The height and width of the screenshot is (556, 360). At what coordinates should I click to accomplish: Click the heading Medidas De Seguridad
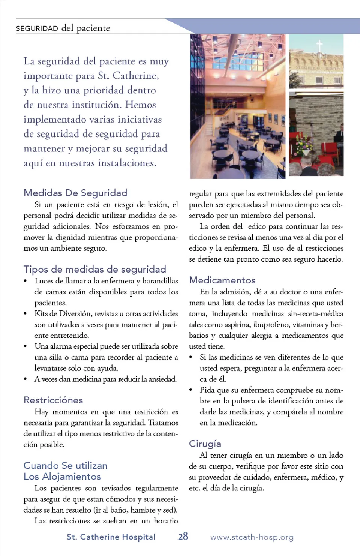[75, 193]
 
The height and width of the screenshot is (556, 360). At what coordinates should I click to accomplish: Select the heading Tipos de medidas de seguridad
[94, 269]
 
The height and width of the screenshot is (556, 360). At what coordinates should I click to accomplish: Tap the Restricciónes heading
[53, 400]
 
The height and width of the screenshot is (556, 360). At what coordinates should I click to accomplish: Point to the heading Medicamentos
[222, 280]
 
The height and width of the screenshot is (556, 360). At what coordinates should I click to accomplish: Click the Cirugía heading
[205, 444]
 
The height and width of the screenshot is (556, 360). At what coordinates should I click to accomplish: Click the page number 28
[183, 537]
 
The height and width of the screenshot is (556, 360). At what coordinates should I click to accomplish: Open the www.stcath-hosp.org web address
[252, 537]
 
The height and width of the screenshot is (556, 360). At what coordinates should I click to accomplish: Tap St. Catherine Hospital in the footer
[111, 537]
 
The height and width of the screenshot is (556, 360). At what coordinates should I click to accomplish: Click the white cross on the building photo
[319, 46]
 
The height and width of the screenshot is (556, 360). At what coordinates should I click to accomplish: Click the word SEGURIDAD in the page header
[37, 28]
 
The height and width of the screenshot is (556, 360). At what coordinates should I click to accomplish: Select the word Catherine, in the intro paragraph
[135, 76]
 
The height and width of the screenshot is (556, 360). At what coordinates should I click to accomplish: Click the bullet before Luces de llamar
[25, 281]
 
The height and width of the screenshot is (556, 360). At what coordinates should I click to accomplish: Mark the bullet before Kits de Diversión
[25, 313]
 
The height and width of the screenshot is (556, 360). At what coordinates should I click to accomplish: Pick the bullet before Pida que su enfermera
[190, 390]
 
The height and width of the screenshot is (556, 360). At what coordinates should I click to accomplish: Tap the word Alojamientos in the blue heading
[71, 477]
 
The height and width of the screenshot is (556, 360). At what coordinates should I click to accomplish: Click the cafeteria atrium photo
[237, 106]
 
